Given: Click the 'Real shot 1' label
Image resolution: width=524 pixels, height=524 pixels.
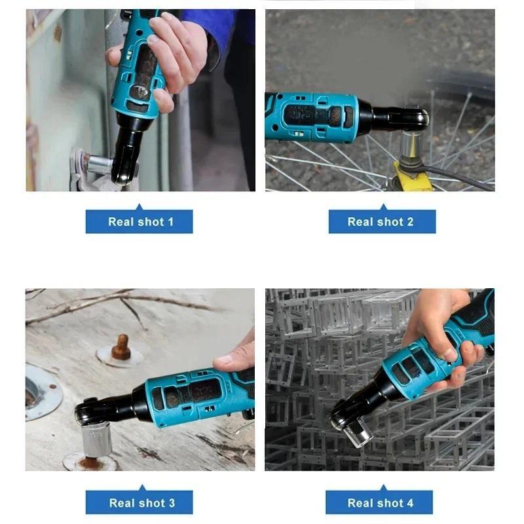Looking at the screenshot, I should tap(140, 221).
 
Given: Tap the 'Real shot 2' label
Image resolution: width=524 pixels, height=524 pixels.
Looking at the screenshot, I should tap(381, 221).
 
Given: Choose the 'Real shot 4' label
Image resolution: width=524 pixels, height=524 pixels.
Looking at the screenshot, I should tap(381, 502).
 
